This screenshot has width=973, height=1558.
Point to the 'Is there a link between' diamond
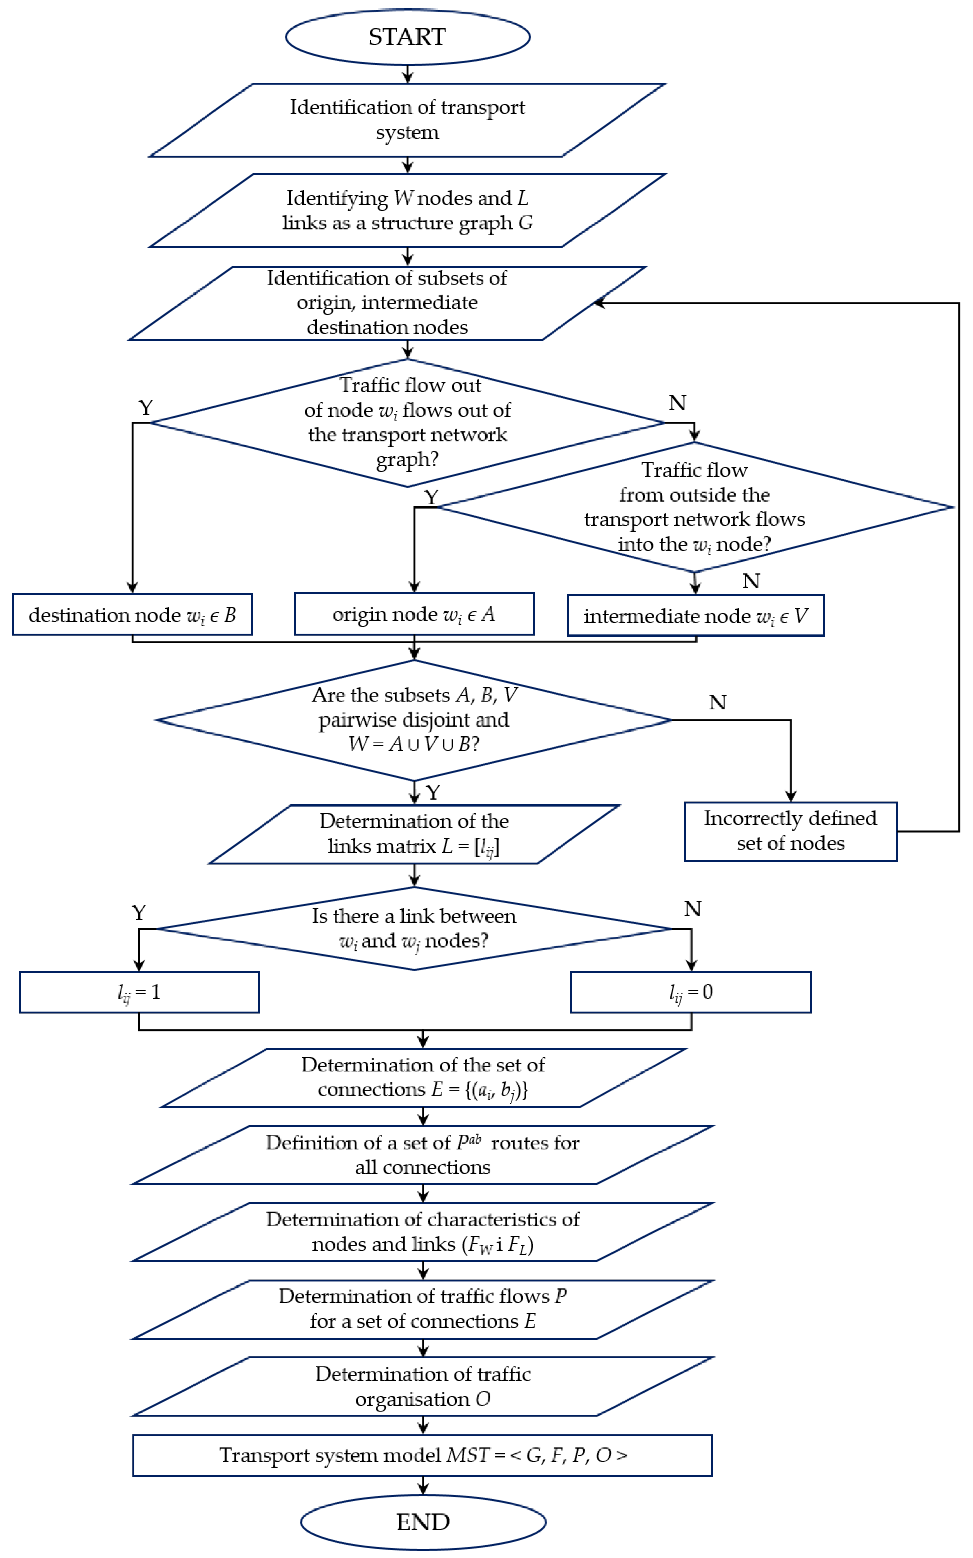pos(414,928)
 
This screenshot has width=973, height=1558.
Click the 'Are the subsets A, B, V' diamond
pos(414,720)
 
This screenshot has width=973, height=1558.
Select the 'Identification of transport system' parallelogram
pos(407,120)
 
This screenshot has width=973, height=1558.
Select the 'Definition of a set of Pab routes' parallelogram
pos(423,1155)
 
